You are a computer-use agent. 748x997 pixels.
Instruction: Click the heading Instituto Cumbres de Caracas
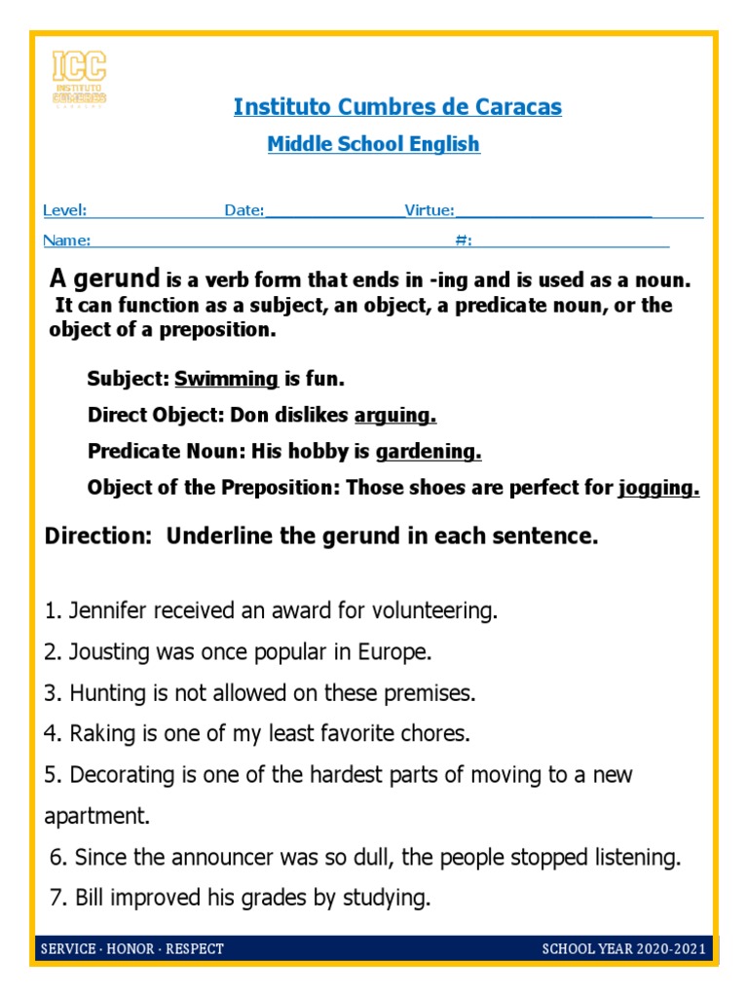coord(397,107)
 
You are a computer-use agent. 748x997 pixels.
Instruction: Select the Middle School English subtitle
coord(374,144)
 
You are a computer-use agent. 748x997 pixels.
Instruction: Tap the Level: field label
coord(65,210)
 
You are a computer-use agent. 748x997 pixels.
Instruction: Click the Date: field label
coord(244,210)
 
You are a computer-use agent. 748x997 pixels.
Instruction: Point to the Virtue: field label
coord(430,210)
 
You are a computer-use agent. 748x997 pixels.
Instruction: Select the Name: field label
coord(67,240)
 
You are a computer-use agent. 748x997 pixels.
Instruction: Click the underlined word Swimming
coord(227,378)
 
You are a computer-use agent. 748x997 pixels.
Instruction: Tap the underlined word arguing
coord(394,416)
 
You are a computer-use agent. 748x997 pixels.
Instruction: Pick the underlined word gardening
coord(429,452)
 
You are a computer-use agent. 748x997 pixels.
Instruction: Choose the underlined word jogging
coord(658,489)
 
